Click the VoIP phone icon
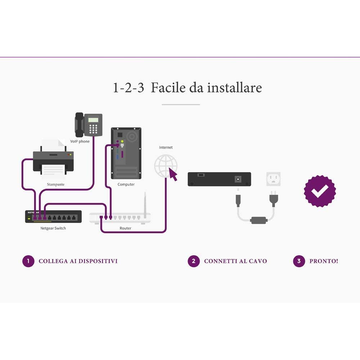tap(88, 124)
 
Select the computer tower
tap(126, 153)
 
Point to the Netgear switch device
tap(53, 216)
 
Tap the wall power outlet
tap(273, 179)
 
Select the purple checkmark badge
tap(320, 191)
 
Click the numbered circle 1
tap(28, 261)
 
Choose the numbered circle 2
tap(193, 261)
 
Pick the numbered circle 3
tap(299, 261)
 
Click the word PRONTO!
tap(324, 261)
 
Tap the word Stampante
tap(56, 184)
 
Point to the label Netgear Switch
tap(53, 228)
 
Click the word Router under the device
tap(125, 228)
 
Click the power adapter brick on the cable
tap(258, 220)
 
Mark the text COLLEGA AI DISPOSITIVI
tap(78, 261)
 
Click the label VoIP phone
tap(80, 141)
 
